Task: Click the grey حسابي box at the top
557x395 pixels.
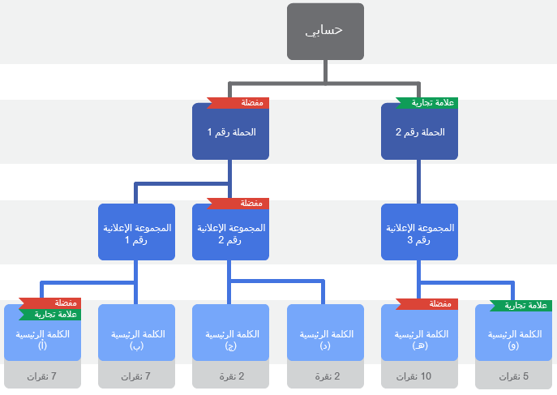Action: (x=325, y=32)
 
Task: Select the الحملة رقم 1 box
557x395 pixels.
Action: (x=230, y=132)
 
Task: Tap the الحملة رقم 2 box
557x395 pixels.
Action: (x=419, y=132)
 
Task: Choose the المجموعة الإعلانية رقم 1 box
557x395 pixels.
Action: (x=136, y=234)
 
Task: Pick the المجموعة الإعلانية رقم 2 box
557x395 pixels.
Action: (x=230, y=235)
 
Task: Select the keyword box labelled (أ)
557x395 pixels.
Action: (x=42, y=339)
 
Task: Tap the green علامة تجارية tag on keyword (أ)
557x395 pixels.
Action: (x=50, y=315)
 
